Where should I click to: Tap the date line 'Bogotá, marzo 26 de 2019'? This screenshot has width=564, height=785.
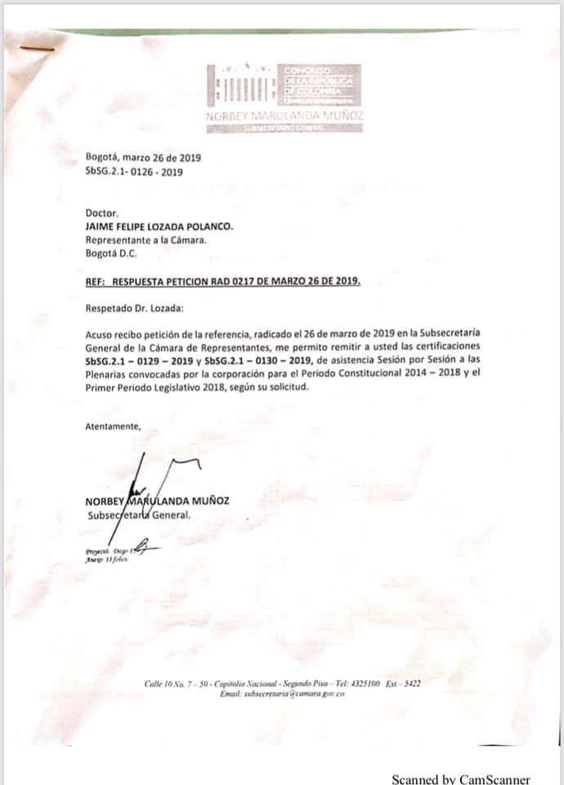pyautogui.click(x=143, y=159)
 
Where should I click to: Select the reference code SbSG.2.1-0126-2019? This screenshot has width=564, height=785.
pyautogui.click(x=134, y=172)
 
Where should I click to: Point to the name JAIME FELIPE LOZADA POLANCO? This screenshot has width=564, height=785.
pyautogui.click(x=159, y=227)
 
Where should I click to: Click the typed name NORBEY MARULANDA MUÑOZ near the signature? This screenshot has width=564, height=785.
pyautogui.click(x=156, y=501)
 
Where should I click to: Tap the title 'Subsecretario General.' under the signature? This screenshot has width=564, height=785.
pyautogui.click(x=139, y=515)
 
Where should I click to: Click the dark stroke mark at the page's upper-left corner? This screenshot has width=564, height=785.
pyautogui.click(x=36, y=48)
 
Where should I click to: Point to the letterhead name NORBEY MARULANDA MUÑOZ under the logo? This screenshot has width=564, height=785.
pyautogui.click(x=285, y=117)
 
